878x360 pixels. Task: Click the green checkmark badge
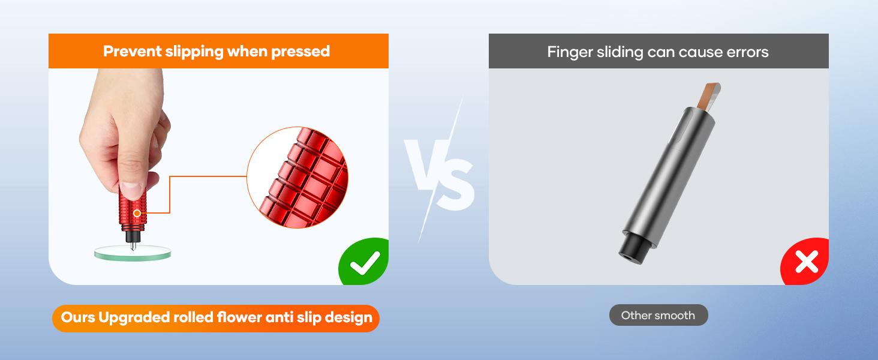(364, 262)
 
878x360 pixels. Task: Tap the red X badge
(805, 262)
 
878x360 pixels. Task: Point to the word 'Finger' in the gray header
(570, 52)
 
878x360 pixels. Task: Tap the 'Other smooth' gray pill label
(659, 315)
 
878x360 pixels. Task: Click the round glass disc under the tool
(133, 253)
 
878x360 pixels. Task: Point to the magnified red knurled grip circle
(297, 177)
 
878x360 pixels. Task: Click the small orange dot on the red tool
(137, 213)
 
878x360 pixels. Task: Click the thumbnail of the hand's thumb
(131, 190)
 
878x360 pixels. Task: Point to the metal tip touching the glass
(133, 246)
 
